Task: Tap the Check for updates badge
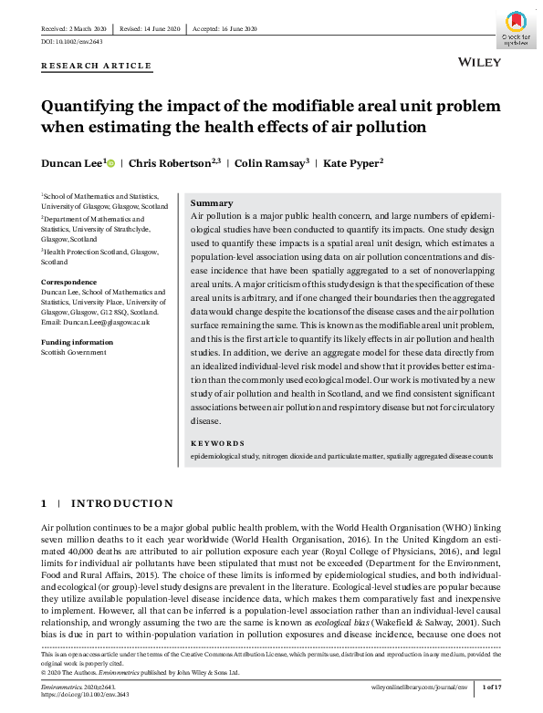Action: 515,27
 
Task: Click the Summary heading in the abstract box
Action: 212,203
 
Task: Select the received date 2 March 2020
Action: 78,28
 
